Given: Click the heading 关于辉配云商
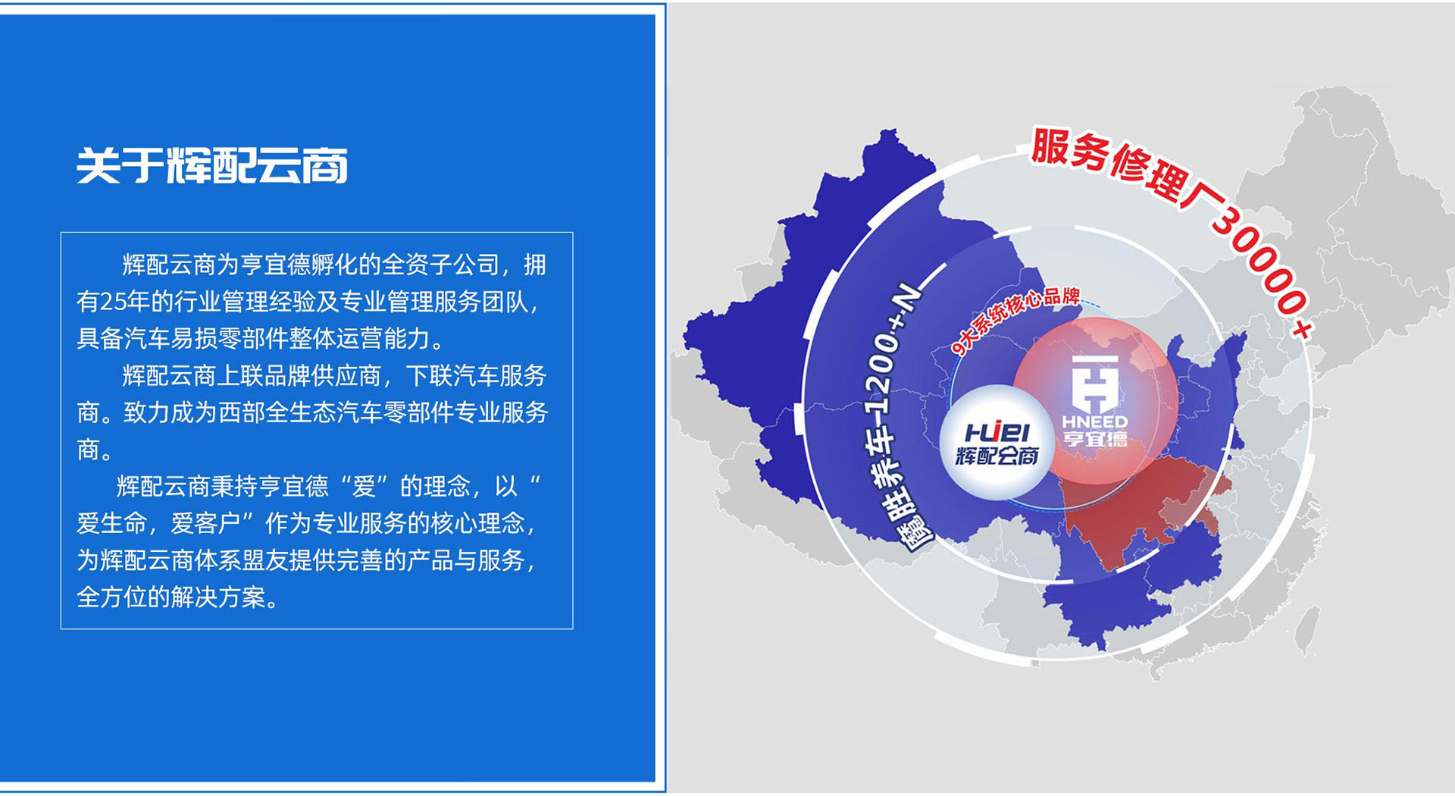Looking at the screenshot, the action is pos(212,166).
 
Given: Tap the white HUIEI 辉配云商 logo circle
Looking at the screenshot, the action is pos(997,443).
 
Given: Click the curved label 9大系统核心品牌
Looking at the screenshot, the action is pos(1015,318).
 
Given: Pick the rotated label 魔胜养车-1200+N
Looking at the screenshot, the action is pos(902,417).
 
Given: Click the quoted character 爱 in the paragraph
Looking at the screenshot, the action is pos(364,486).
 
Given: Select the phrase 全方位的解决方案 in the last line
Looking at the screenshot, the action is pos(171,597).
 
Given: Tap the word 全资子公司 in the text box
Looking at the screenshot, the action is pos(440,265).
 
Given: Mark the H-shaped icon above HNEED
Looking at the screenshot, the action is pos(1095,382).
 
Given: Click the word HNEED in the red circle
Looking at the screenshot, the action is pos(1095,422).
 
